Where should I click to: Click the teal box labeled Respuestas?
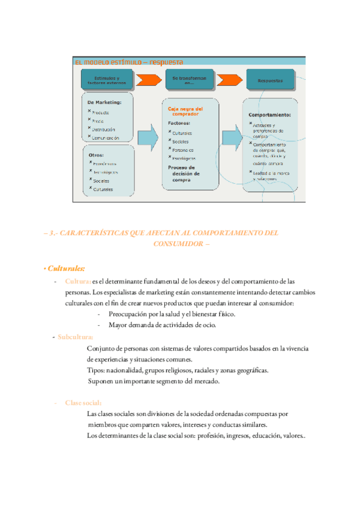coord(270,79)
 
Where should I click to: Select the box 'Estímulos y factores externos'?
coord(105,79)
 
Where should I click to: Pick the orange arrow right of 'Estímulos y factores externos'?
coord(148,79)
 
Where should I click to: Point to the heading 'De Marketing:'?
coord(104,102)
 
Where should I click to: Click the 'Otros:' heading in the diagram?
coord(96,154)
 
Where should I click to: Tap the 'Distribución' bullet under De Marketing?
coord(104,129)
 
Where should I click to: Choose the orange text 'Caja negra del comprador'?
coord(186,112)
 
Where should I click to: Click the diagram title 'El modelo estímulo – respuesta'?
coord(129,61)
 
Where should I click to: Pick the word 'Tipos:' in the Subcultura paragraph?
coord(96,370)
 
